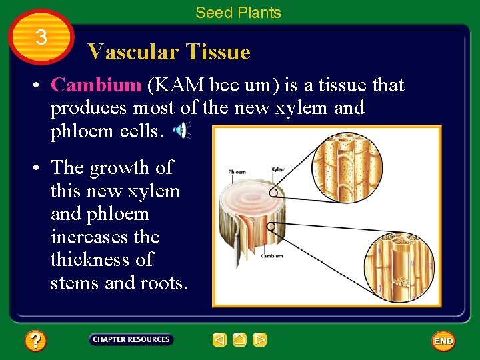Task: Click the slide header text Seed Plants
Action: point(238,13)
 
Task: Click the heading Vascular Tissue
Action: point(169,52)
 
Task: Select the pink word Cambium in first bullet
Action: point(96,85)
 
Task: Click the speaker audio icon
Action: point(181,131)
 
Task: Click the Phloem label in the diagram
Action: point(237,171)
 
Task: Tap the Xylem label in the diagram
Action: point(278,169)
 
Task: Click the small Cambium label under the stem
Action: point(272,256)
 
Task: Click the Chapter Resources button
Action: point(131,340)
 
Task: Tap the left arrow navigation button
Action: point(219,341)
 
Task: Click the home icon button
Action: point(240,341)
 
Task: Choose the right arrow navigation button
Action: point(260,341)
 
